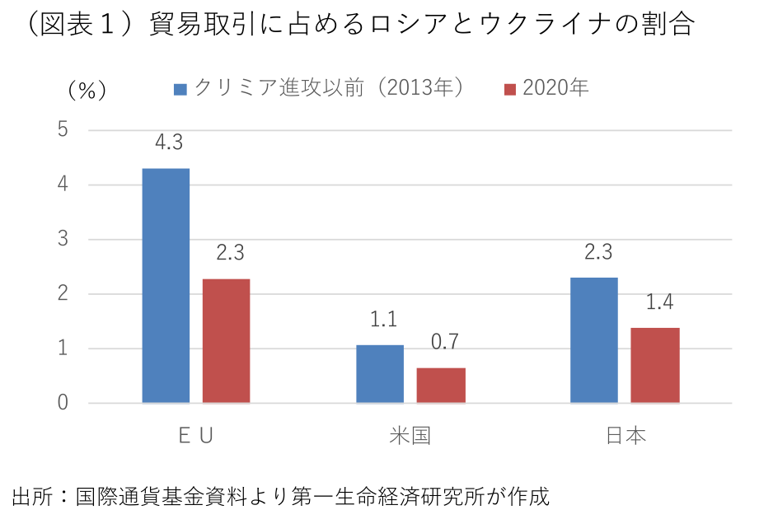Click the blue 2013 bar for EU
(x=166, y=286)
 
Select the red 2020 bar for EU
(x=226, y=341)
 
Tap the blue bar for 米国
(x=380, y=374)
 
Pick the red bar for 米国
(x=441, y=386)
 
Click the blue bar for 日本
(x=594, y=340)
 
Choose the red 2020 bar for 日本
(x=655, y=365)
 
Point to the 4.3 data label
(x=168, y=143)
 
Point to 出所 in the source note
(x=28, y=497)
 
